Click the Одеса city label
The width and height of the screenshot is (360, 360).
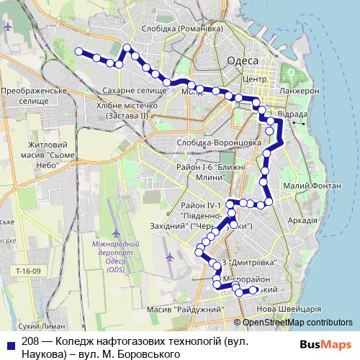(x=240, y=61)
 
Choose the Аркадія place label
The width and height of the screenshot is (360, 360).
(x=301, y=220)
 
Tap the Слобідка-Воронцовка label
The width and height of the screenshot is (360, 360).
(x=218, y=143)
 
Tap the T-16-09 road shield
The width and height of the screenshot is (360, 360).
(x=30, y=271)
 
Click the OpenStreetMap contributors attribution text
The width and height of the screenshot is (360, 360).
(x=297, y=323)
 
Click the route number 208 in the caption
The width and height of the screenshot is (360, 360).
(x=30, y=342)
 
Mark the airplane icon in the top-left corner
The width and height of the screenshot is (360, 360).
(x=8, y=27)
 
